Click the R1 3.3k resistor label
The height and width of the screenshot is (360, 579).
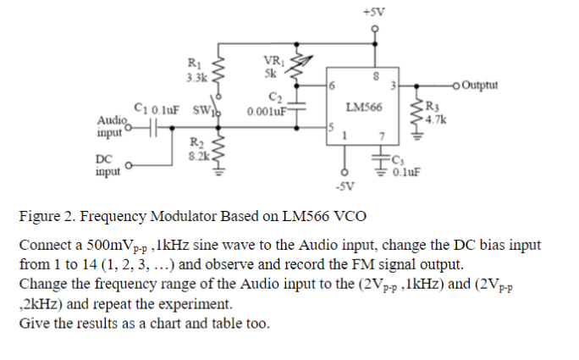coord(193,69)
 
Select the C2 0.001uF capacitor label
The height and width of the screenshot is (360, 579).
coord(267,105)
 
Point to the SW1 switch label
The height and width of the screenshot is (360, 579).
coord(206,110)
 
